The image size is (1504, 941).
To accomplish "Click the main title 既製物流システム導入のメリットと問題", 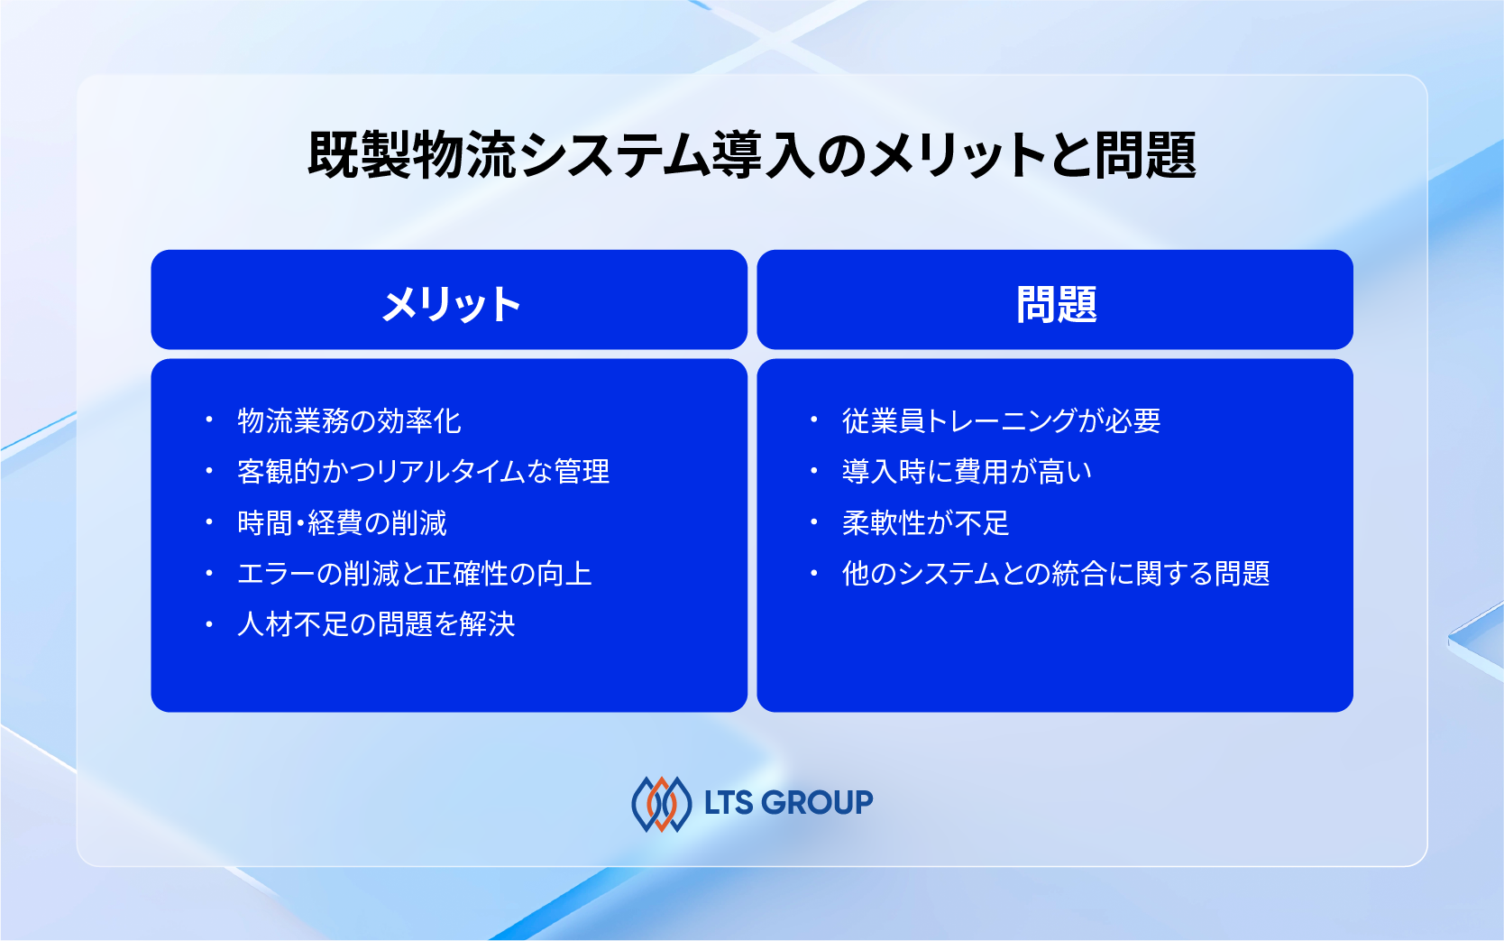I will (x=751, y=154).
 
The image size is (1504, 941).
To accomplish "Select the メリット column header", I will (x=451, y=304).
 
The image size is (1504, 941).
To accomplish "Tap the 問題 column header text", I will (x=1056, y=304).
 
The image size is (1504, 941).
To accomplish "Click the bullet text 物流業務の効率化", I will (x=349, y=420).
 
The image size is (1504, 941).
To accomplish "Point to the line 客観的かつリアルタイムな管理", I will (x=423, y=471).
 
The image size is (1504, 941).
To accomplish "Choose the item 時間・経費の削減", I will (x=342, y=522).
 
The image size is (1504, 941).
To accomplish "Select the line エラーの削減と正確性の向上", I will (x=414, y=573).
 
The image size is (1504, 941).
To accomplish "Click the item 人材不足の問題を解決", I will (x=376, y=623).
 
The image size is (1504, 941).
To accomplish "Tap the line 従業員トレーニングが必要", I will (x=1001, y=420).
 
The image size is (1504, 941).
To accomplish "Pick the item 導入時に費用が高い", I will (x=967, y=471).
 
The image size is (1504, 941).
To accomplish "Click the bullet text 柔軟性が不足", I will (x=925, y=522).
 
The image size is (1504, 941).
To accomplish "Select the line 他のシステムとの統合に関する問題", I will (x=1055, y=573).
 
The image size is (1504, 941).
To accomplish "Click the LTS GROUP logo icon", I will (x=662, y=803).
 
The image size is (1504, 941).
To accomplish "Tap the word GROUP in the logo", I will (x=817, y=802).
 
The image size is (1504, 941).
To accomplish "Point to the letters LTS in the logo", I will (x=729, y=802).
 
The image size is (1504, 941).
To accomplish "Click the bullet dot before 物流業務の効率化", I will (x=209, y=420).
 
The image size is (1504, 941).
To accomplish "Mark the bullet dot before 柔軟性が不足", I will (x=814, y=521).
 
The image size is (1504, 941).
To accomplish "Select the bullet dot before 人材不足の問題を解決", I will (x=209, y=623).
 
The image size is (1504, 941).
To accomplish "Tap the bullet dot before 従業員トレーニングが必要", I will (x=814, y=420).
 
